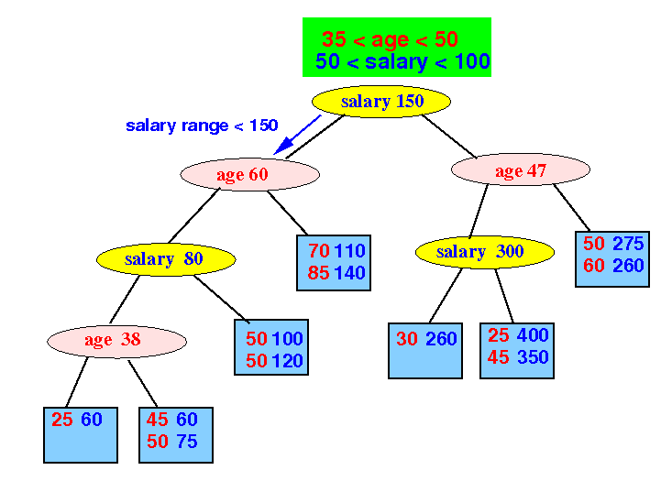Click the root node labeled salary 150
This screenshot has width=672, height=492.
click(x=381, y=102)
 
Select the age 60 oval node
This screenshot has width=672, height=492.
click(x=250, y=174)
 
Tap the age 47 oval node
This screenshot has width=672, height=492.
click(x=521, y=169)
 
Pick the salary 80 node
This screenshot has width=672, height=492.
click(x=166, y=259)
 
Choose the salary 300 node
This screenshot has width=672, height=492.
click(x=485, y=252)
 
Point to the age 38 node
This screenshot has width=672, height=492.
click(x=116, y=341)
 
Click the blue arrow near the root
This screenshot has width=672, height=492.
click(x=297, y=135)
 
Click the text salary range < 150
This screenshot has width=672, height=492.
click(x=202, y=126)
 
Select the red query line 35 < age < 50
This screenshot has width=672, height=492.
click(x=390, y=39)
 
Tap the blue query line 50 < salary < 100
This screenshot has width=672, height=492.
click(x=402, y=61)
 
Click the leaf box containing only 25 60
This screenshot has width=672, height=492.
click(x=81, y=435)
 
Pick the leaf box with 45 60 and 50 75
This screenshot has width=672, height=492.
click(x=176, y=435)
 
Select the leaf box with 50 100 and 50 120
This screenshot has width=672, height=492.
click(x=271, y=347)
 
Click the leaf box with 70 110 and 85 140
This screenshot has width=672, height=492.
click(x=334, y=263)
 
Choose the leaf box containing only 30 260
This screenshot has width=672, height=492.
click(x=425, y=351)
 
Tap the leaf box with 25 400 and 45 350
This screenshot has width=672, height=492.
click(x=517, y=351)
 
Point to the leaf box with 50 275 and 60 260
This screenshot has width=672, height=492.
click(x=612, y=259)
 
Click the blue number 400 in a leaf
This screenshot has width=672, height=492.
click(x=533, y=335)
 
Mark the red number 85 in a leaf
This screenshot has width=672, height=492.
click(x=318, y=273)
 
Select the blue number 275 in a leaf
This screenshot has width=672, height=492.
click(x=628, y=244)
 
